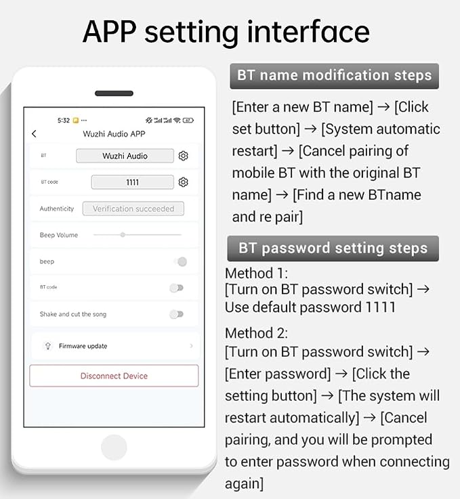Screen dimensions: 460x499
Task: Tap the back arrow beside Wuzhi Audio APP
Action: tap(34, 133)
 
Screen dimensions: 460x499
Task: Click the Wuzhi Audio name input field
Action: tap(125, 156)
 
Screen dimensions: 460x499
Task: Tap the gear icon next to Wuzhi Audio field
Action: tap(183, 156)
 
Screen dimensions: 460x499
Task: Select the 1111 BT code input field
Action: tap(132, 182)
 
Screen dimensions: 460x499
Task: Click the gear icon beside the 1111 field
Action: tap(183, 182)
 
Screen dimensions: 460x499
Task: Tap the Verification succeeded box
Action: tap(133, 209)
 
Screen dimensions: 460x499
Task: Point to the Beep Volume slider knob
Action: tap(123, 235)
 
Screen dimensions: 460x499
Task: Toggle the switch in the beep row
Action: tap(180, 261)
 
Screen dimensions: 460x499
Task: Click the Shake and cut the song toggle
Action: tap(177, 314)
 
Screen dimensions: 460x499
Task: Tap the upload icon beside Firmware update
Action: tap(47, 346)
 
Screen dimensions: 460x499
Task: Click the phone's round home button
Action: tap(114, 447)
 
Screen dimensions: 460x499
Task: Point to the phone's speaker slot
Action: tap(114, 93)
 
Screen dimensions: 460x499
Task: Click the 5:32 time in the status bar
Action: tap(64, 121)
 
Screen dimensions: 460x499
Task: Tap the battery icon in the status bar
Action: tap(188, 121)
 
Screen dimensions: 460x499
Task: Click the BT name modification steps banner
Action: tap(334, 76)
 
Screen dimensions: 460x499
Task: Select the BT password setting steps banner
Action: tap(333, 248)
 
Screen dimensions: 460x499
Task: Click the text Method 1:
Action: tap(256, 274)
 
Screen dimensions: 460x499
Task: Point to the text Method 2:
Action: tap(256, 333)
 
